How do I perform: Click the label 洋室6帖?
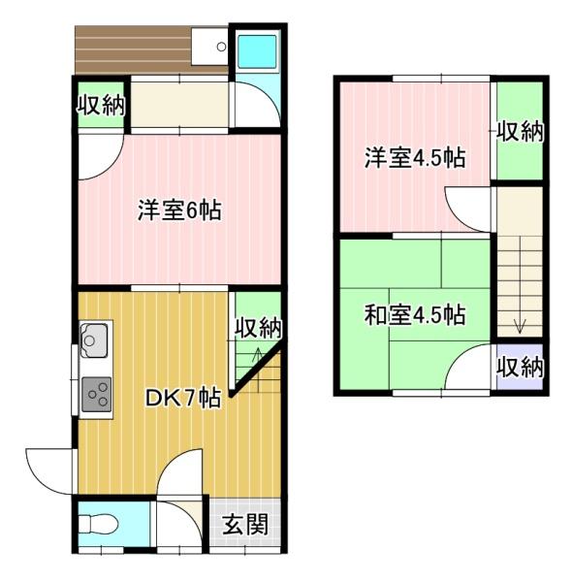(179, 210)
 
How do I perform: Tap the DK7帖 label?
(183, 399)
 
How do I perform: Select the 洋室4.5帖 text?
(415, 158)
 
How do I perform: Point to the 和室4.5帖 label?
(415, 315)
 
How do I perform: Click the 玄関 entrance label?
(245, 524)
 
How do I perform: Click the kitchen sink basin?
(94, 340)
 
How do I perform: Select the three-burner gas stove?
(96, 394)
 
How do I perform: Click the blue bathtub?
(257, 51)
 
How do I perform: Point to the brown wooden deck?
(134, 50)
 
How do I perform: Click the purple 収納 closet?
(520, 367)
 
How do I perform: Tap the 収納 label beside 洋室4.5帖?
(520, 131)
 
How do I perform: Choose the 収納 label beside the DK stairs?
(259, 328)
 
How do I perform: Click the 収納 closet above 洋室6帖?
(101, 105)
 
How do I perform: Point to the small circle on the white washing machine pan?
(221, 47)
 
